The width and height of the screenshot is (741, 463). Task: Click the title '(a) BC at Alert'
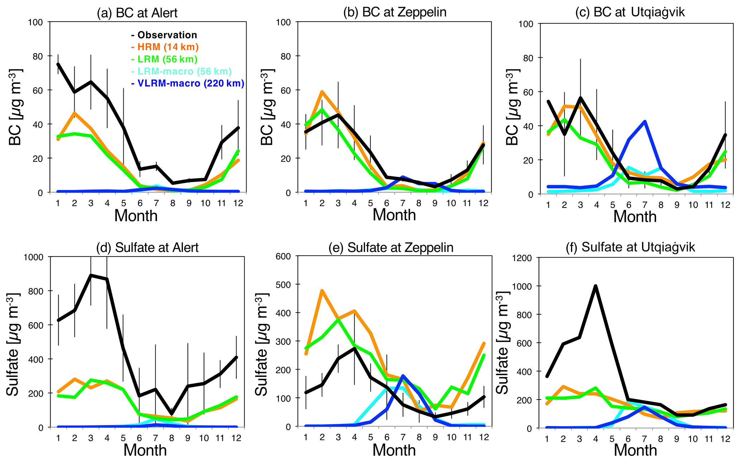(137, 13)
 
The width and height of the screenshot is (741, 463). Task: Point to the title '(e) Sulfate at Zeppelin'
(391, 248)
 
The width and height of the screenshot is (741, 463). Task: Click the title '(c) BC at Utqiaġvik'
(630, 12)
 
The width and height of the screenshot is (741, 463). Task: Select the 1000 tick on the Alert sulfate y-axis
(33, 257)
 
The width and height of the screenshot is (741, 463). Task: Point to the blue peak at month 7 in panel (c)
(645, 121)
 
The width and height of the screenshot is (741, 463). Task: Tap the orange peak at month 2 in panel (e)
(322, 291)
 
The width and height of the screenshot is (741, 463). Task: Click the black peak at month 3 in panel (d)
(91, 275)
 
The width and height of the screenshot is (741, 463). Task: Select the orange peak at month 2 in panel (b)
(322, 92)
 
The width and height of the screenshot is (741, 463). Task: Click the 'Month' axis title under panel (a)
(136, 216)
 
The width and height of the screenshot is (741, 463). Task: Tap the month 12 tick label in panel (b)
(483, 203)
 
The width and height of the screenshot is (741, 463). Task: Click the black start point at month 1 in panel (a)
(58, 64)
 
